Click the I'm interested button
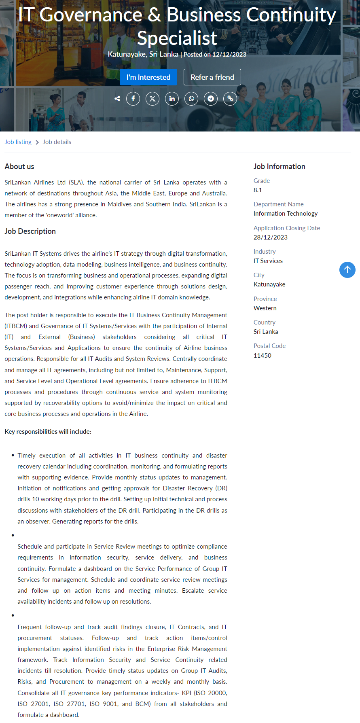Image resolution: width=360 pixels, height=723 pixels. click(x=148, y=77)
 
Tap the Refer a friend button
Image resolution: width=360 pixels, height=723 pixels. click(x=212, y=77)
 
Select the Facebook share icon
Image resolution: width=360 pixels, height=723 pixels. click(x=133, y=99)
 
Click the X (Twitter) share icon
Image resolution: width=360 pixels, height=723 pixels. click(x=152, y=99)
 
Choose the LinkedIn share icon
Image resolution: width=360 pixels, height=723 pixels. click(x=172, y=99)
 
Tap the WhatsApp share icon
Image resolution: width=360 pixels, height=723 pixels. click(x=191, y=99)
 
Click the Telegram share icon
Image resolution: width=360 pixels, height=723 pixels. click(x=211, y=99)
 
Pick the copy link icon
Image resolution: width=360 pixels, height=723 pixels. click(x=230, y=99)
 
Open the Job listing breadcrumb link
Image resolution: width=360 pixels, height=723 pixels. click(x=18, y=142)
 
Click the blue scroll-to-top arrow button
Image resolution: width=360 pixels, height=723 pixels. click(x=347, y=270)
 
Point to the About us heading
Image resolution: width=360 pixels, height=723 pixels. click(x=19, y=167)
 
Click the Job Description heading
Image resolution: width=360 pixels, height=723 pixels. click(x=30, y=231)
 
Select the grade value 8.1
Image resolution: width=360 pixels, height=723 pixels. click(x=258, y=190)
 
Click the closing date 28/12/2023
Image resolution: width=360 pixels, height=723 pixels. click(x=271, y=237)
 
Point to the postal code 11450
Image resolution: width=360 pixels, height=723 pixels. click(x=263, y=356)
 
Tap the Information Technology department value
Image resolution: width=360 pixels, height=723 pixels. click(x=286, y=214)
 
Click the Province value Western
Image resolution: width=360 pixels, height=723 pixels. click(x=265, y=308)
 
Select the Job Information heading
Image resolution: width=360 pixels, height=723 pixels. click(x=280, y=167)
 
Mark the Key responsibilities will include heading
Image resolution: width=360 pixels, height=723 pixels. click(x=48, y=432)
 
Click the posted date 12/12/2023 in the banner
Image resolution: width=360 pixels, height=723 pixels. click(x=229, y=55)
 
